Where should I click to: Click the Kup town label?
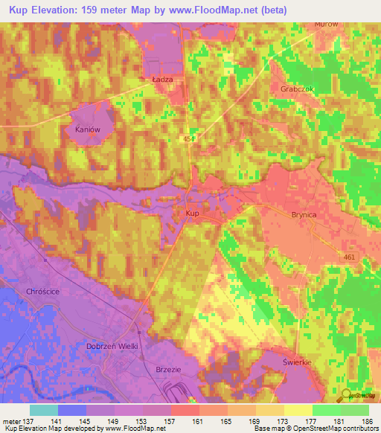pyautogui.click(x=191, y=213)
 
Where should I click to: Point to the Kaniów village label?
pyautogui.click(x=88, y=129)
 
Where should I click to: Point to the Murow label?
pyautogui.click(x=326, y=24)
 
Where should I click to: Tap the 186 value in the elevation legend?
pyautogui.click(x=365, y=421)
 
